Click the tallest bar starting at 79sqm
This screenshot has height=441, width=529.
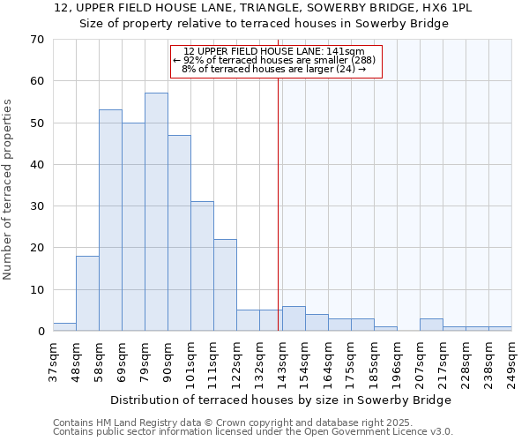tap(156, 212)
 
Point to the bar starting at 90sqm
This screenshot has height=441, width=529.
tap(179, 233)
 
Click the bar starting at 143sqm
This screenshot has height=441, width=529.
tap(294, 318)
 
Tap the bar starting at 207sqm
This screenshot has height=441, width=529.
tap(431, 325)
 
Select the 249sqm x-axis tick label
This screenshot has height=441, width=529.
tap(511, 360)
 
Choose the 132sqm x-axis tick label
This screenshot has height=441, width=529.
tap(259, 360)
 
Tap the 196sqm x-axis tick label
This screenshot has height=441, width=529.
tap(397, 360)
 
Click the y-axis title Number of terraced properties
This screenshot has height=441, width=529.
tap(9, 190)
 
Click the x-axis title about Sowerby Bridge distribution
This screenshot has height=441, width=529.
tap(282, 400)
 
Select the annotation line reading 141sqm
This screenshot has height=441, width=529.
tap(274, 51)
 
